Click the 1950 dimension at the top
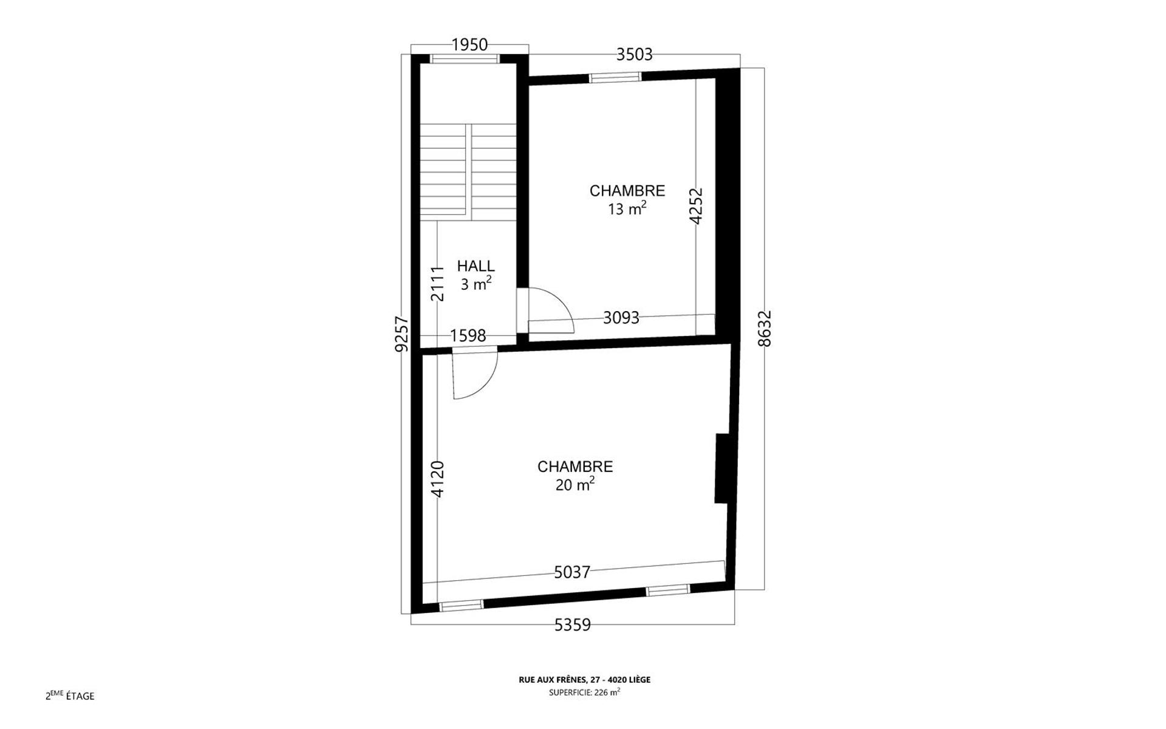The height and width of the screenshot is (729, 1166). pyautogui.click(x=469, y=44)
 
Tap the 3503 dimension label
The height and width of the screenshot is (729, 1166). pyautogui.click(x=634, y=55)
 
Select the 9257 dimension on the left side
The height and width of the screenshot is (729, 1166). pyautogui.click(x=401, y=334)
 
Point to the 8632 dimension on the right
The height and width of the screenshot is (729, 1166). pyautogui.click(x=765, y=329)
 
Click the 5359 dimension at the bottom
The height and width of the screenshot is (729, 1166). pyautogui.click(x=573, y=625)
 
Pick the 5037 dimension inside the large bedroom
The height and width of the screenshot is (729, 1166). pyautogui.click(x=572, y=572)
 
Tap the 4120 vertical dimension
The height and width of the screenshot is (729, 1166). pyautogui.click(x=438, y=480)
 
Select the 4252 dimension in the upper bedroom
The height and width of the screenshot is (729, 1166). pyautogui.click(x=696, y=206)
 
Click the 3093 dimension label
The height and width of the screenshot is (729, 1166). pyautogui.click(x=621, y=318)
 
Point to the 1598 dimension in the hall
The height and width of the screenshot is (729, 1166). pyautogui.click(x=468, y=335)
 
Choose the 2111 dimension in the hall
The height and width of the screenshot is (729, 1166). pyautogui.click(x=438, y=283)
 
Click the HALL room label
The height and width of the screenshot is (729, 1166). pyautogui.click(x=476, y=266)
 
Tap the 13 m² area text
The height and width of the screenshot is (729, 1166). pyautogui.click(x=627, y=208)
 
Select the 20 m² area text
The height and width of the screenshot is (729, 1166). pyautogui.click(x=574, y=484)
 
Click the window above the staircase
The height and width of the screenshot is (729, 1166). pyautogui.click(x=465, y=59)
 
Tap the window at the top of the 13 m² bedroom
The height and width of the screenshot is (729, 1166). pyautogui.click(x=615, y=77)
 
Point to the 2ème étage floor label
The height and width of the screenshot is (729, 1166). pyautogui.click(x=70, y=696)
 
